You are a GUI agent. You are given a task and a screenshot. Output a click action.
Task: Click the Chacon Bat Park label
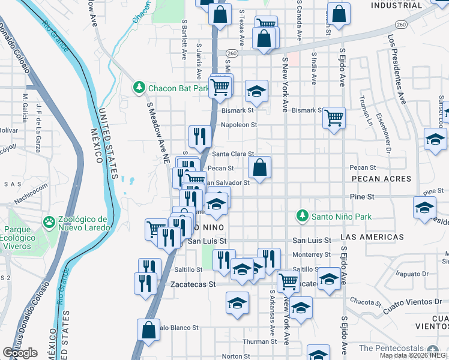178,89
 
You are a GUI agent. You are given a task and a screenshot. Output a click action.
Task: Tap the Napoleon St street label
238,125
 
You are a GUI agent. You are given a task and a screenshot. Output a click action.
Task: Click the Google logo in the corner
20,353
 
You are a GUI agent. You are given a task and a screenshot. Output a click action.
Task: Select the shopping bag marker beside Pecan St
259,169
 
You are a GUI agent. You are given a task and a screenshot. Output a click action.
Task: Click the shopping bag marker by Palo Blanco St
148,331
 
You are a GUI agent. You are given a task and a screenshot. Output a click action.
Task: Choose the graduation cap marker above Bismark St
256,92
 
